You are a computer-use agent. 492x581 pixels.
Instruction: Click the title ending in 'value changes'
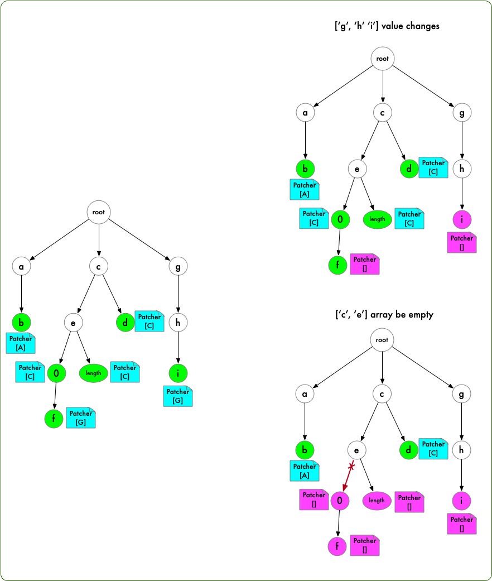click(386, 26)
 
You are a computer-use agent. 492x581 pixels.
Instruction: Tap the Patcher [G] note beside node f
click(81, 418)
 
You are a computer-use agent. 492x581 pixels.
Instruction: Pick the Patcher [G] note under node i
click(178, 396)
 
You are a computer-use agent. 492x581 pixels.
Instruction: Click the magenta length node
click(377, 500)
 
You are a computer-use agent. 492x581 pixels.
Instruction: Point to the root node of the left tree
click(99, 212)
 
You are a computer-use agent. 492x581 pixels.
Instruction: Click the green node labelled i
click(178, 372)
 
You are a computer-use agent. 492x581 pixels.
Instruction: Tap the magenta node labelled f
click(337, 546)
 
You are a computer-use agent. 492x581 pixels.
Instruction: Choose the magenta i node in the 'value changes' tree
click(461, 219)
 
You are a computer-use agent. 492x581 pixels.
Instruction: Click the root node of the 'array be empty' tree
click(382, 340)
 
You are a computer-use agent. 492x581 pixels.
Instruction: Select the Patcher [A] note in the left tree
click(21, 343)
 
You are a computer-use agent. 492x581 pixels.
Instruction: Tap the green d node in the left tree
click(125, 322)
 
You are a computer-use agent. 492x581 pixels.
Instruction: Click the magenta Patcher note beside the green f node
click(365, 263)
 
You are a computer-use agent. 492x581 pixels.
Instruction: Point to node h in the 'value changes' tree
click(462, 169)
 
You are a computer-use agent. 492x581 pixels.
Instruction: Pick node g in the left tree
click(178, 267)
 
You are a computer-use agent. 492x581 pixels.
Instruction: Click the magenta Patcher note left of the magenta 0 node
click(314, 499)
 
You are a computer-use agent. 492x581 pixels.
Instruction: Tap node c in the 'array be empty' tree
click(382, 394)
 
